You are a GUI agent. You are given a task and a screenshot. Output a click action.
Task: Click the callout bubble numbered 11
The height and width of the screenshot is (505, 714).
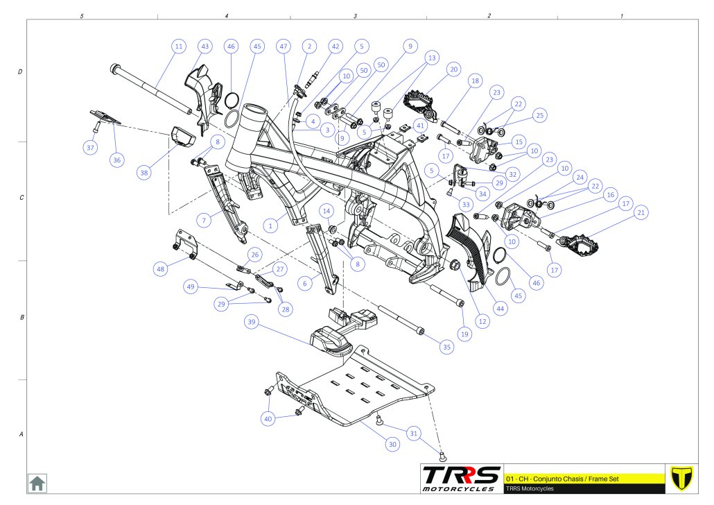179,46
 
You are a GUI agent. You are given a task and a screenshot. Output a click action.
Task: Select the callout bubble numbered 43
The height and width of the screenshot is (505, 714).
204,46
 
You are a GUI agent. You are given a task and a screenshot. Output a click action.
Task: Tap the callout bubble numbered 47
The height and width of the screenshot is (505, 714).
283,46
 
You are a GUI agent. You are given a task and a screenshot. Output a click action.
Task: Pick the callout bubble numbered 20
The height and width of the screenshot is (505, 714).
453,69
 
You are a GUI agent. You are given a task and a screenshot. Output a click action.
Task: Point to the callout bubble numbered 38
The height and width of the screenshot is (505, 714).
143,173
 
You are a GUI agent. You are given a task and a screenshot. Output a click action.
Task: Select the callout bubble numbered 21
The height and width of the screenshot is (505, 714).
641,212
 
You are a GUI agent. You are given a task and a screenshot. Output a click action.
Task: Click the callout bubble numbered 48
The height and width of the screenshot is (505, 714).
162,269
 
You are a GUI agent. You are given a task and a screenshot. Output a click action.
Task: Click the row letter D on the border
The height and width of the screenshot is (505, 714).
20,71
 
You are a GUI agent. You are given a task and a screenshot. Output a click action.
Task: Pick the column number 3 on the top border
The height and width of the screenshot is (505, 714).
355,15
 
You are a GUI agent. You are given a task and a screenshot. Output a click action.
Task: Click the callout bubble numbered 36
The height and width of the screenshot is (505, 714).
116,160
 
